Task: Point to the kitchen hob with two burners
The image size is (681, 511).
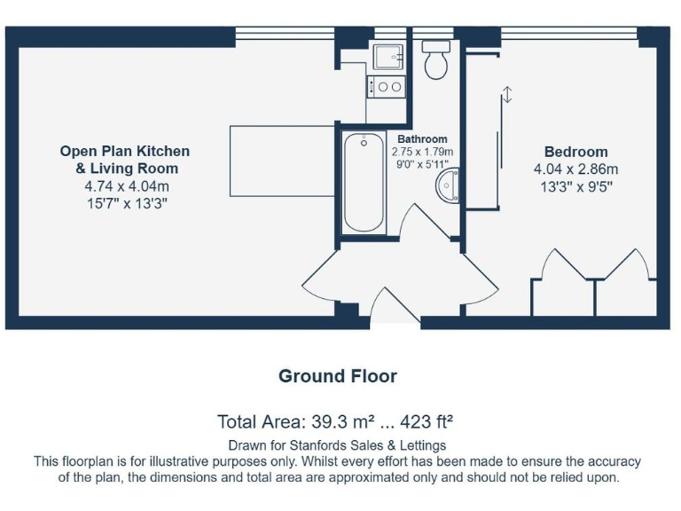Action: pyautogui.click(x=387, y=87)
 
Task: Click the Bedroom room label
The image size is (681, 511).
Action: pyautogui.click(x=575, y=152)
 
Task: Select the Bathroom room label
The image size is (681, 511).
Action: pyautogui.click(x=422, y=139)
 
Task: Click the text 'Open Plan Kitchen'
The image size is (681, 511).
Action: pyautogui.click(x=124, y=151)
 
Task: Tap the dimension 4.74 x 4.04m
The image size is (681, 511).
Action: pyautogui.click(x=126, y=186)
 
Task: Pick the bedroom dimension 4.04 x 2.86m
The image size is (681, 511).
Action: pyautogui.click(x=575, y=169)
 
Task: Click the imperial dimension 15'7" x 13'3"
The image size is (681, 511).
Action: pyautogui.click(x=126, y=204)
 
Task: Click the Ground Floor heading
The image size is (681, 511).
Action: pyautogui.click(x=337, y=375)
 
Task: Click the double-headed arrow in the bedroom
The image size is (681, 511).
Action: pyautogui.click(x=506, y=95)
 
